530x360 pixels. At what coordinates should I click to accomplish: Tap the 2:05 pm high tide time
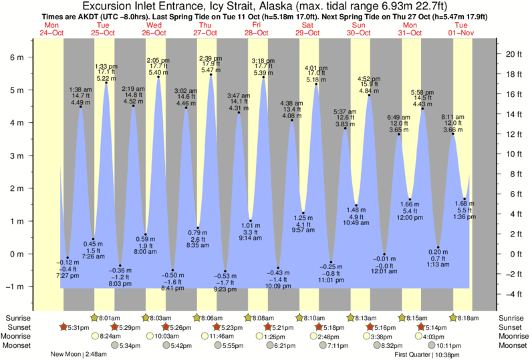158,59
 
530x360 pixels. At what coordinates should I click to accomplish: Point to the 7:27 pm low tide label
67,275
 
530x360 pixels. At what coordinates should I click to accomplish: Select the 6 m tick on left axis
15,57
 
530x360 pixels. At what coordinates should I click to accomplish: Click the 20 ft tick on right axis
511,53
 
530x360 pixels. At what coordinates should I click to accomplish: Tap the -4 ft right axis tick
511,294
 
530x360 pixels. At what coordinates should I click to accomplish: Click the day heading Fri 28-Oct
256,28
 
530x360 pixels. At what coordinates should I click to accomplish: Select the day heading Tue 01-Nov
460,28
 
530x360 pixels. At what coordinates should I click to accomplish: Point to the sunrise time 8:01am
109,318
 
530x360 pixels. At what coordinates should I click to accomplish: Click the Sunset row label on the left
19,327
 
